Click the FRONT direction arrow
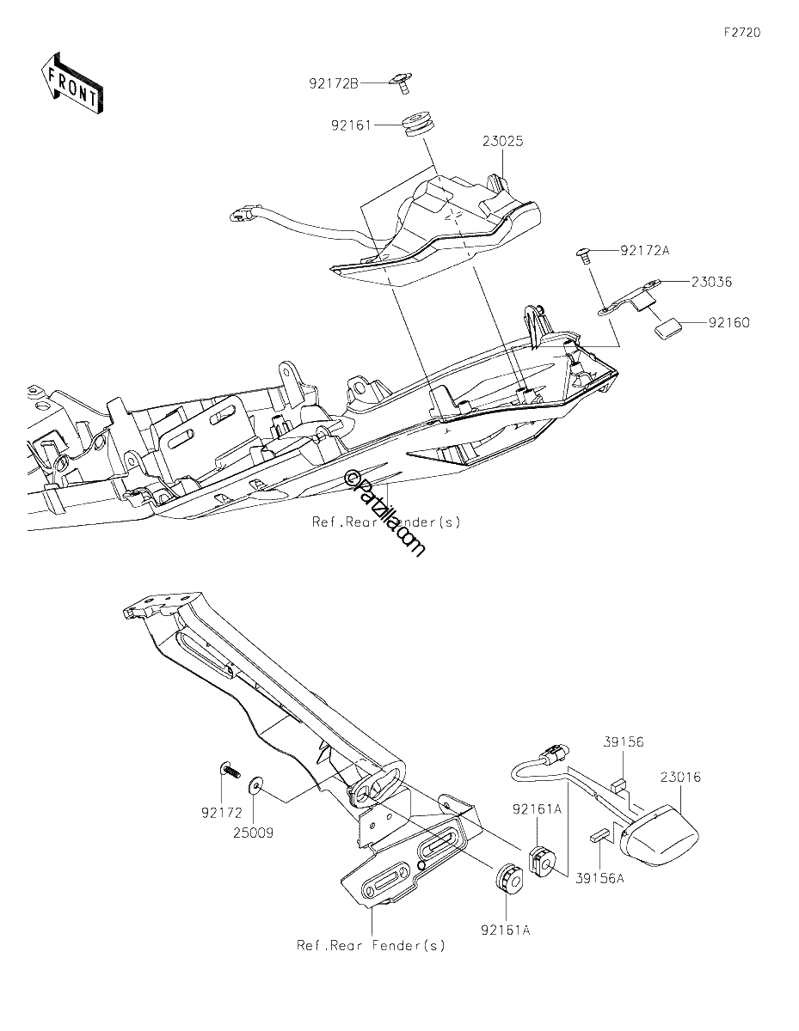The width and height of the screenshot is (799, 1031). click(x=72, y=83)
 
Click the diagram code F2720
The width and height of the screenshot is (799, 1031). click(x=742, y=33)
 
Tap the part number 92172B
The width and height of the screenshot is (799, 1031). click(x=334, y=83)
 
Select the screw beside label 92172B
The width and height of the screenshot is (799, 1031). click(x=401, y=83)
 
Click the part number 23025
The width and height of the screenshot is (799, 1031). click(x=503, y=141)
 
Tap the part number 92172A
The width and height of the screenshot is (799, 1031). click(x=645, y=250)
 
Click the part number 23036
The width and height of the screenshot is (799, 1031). click(x=711, y=282)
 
